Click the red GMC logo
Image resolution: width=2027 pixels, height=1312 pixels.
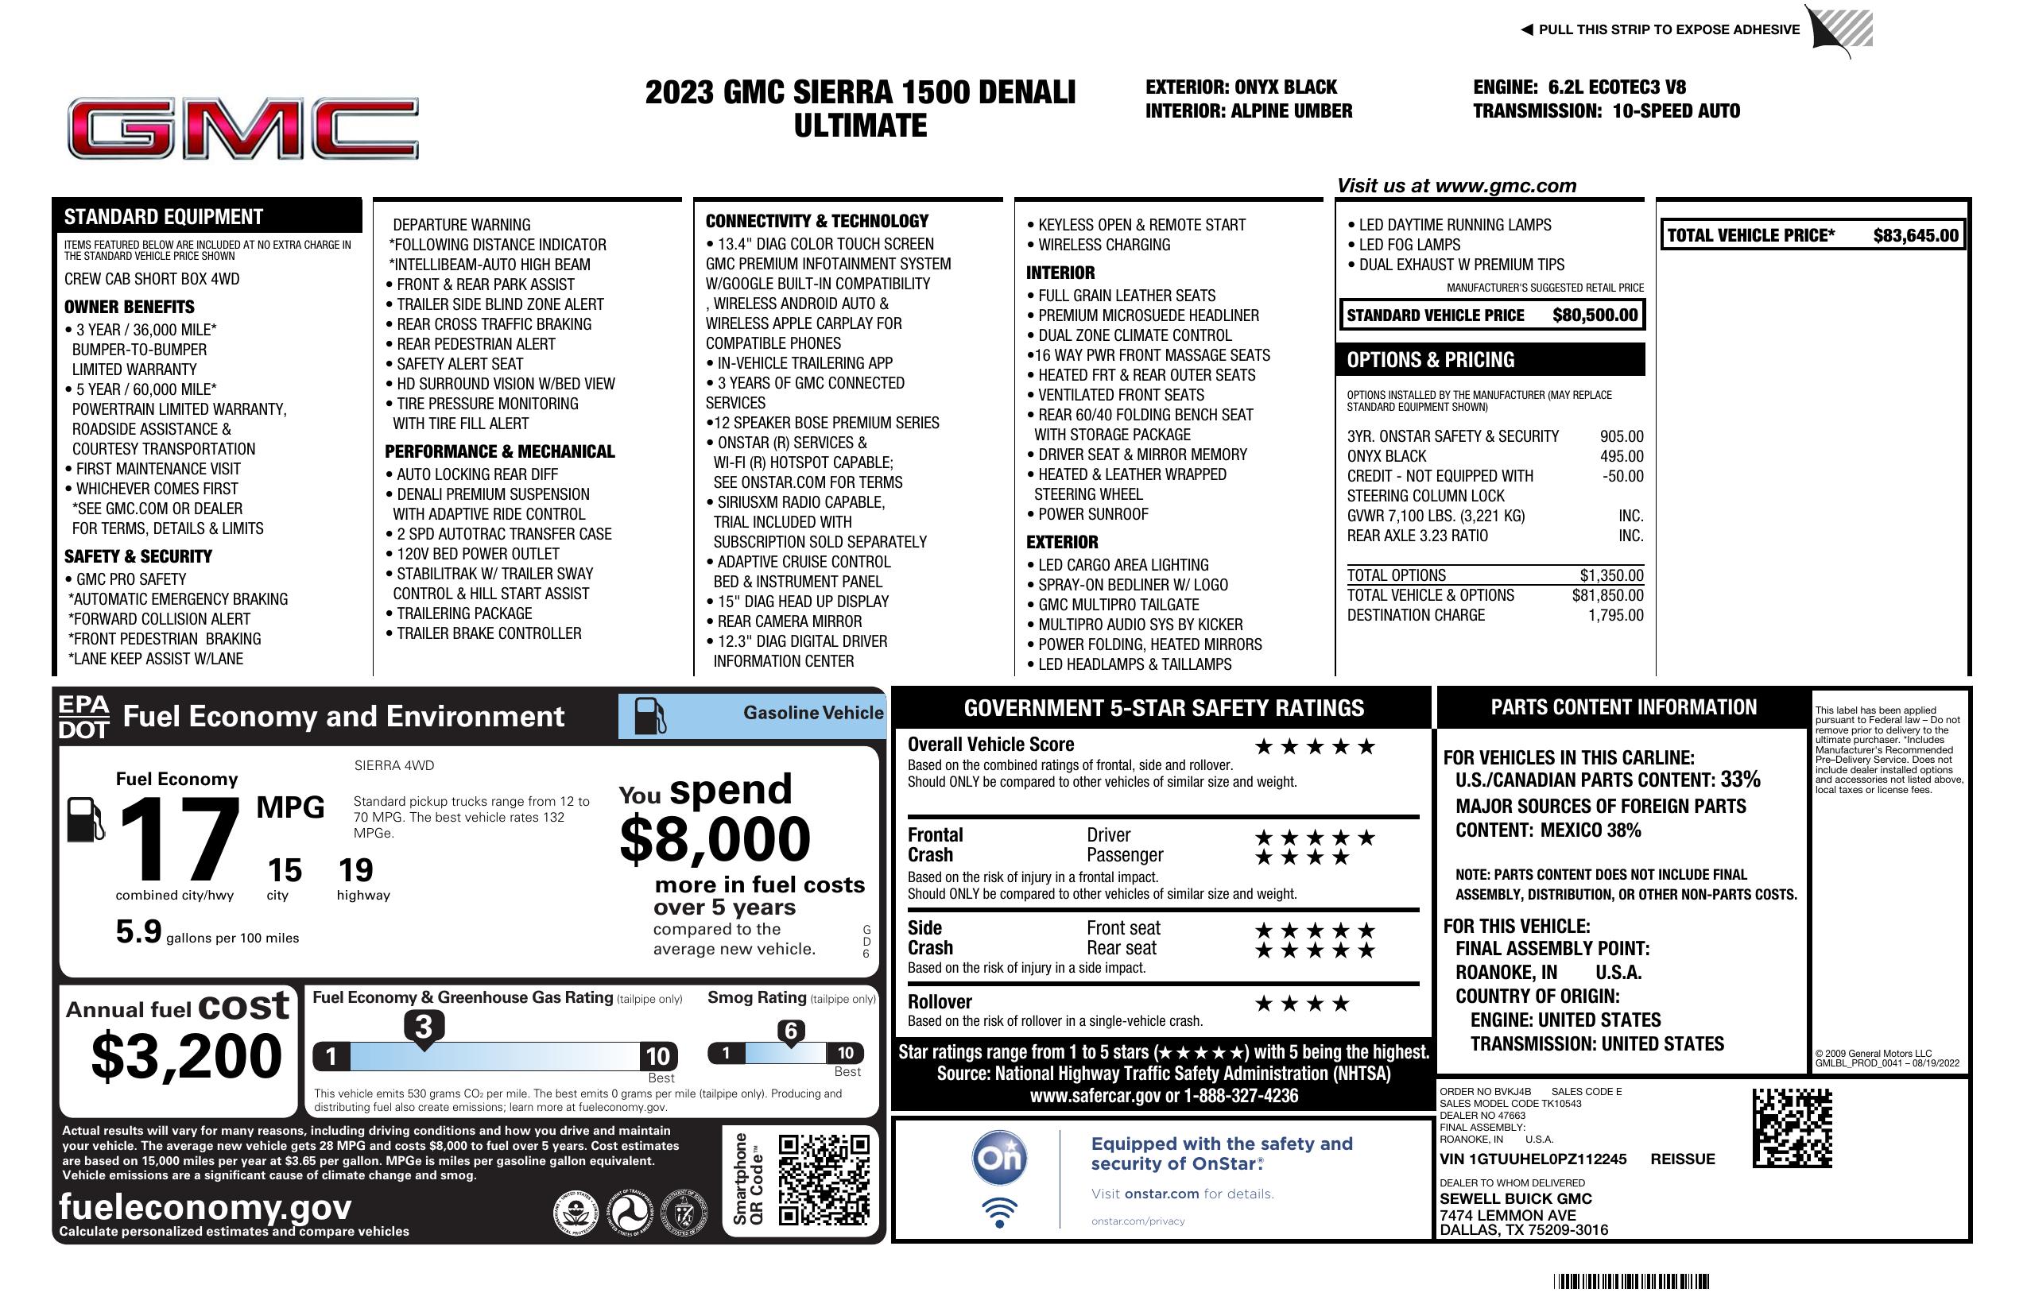[242, 129]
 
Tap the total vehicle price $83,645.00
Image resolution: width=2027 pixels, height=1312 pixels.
[1915, 236]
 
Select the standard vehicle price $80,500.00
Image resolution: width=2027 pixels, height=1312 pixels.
[1594, 315]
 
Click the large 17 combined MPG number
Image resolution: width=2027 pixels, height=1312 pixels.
[179, 839]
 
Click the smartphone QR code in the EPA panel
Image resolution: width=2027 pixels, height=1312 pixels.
[824, 1179]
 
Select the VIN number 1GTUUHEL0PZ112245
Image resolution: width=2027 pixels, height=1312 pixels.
[1533, 1159]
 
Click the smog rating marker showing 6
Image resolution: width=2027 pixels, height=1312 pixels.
[790, 1031]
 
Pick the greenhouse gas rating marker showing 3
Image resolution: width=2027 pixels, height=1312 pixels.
[423, 1027]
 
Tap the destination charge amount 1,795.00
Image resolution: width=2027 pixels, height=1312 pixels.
[1614, 616]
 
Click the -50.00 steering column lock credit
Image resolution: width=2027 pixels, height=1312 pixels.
[1622, 476]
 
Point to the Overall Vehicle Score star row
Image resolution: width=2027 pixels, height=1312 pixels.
[1314, 748]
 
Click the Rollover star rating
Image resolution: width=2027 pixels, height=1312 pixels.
[1301, 1004]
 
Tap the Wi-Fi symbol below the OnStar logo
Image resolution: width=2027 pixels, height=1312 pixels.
[999, 1213]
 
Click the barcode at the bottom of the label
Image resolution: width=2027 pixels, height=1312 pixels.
[1630, 1281]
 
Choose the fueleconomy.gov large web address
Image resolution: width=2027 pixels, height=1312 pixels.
[205, 1207]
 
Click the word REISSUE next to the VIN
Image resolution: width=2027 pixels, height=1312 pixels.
[1682, 1159]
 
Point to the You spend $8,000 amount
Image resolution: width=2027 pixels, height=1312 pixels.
[715, 839]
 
